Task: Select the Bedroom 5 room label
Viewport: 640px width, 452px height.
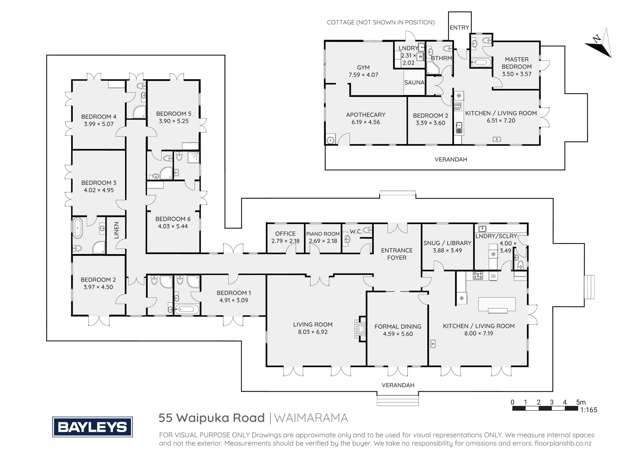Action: (x=174, y=117)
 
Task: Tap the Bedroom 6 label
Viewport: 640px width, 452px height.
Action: (x=174, y=222)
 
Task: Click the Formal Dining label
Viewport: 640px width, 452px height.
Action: (x=398, y=329)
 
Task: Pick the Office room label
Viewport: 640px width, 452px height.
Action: (x=285, y=236)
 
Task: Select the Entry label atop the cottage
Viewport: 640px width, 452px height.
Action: (x=459, y=27)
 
